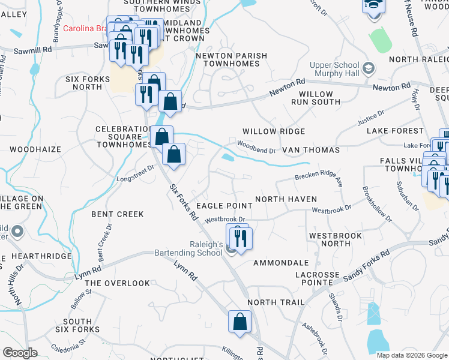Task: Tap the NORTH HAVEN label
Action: click(286, 199)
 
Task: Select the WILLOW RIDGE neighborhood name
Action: click(274, 131)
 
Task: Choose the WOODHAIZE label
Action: click(33, 148)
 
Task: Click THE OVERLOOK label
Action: click(117, 283)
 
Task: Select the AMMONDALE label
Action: click(281, 263)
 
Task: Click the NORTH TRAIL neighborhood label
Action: click(276, 302)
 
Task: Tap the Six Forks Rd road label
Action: click(184, 203)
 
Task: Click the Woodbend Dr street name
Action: click(256, 147)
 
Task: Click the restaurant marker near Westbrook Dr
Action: click(240, 238)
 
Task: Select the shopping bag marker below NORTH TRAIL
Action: click(240, 322)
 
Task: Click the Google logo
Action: click(20, 353)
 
